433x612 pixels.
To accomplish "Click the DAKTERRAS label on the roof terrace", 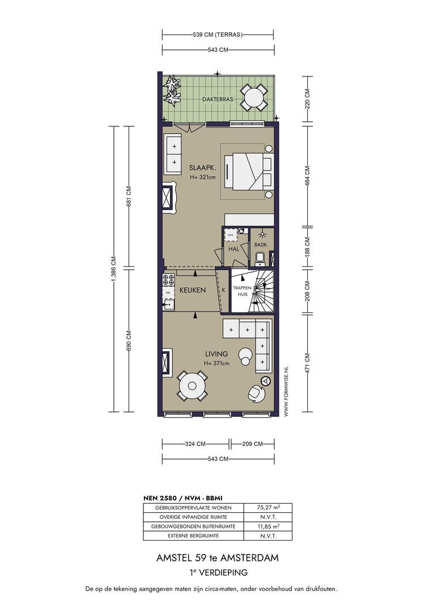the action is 218,99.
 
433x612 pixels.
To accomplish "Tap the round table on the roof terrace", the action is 254,97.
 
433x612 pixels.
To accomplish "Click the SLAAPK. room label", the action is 203,168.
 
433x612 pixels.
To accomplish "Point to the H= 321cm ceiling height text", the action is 203,177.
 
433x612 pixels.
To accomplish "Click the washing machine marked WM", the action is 230,235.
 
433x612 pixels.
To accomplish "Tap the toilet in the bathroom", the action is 260,258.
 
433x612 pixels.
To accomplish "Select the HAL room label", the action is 234,249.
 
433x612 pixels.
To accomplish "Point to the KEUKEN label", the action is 193,290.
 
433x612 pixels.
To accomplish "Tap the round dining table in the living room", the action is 192,386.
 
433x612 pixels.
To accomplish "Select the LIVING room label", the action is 216,354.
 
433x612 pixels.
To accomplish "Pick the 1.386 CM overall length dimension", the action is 113,269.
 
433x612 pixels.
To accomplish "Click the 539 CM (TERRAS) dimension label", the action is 218,35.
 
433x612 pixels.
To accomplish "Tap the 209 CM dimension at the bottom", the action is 253,444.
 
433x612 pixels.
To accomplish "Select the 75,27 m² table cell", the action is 268,508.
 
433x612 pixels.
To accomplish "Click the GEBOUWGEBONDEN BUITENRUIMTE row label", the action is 193,526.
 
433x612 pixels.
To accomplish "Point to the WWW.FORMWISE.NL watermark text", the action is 286,392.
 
